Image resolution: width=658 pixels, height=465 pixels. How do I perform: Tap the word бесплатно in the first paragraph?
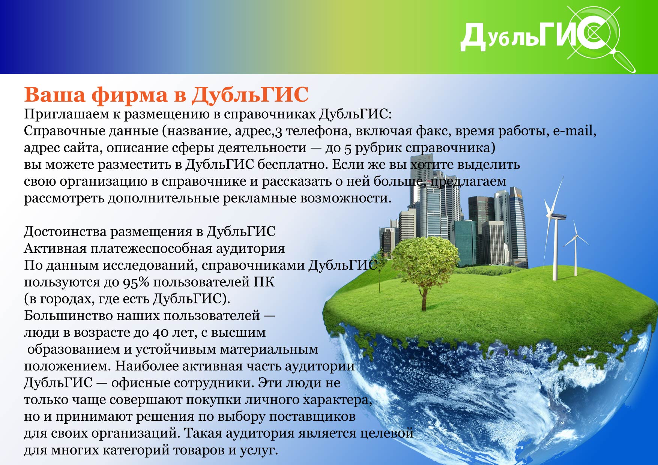coord(293,165)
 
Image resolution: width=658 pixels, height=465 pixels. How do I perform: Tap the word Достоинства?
coord(65,232)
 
